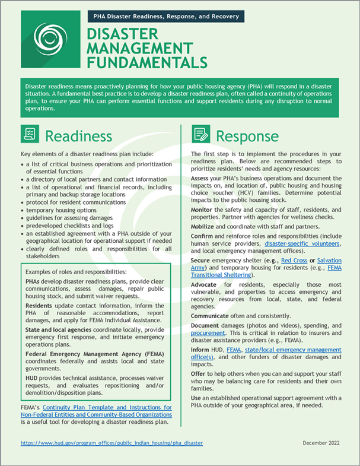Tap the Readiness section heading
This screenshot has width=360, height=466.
(78, 135)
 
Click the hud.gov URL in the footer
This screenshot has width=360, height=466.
(111, 443)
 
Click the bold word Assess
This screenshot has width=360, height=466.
(202, 178)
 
